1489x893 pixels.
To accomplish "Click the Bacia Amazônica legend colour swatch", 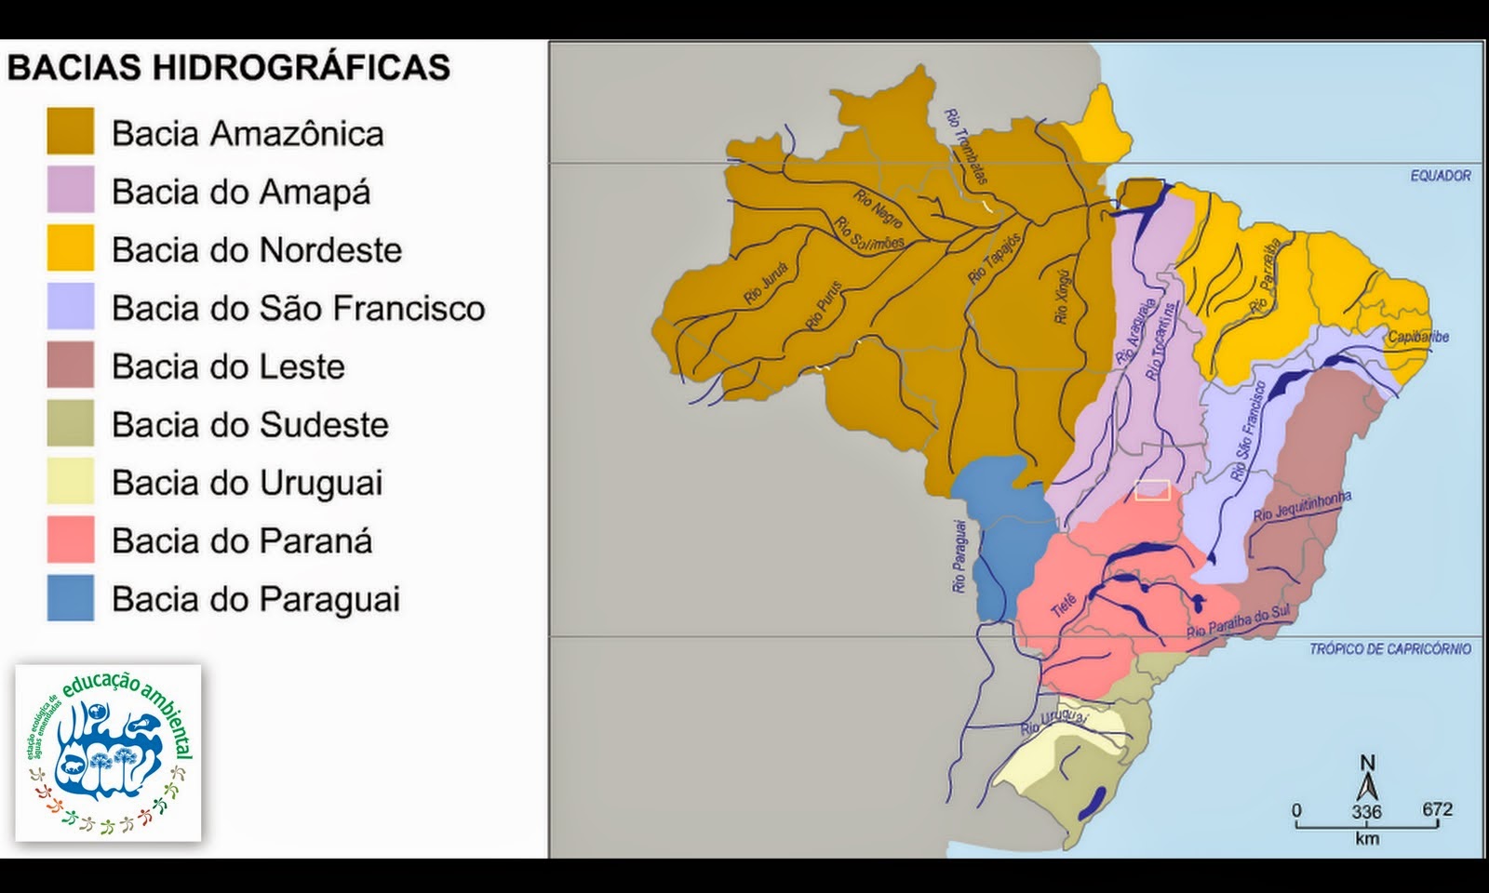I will tap(71, 131).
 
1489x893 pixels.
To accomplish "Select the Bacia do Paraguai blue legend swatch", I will tap(71, 597).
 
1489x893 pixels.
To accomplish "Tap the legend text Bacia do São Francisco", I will tap(298, 308).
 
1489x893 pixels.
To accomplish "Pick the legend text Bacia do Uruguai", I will tap(247, 483).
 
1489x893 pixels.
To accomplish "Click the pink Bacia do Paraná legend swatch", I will tap(71, 540).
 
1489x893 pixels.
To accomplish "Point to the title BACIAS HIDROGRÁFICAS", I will tap(229, 68).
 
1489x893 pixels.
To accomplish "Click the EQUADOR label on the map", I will tap(1441, 176).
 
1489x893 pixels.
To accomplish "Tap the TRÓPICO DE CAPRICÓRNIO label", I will tap(1390, 649).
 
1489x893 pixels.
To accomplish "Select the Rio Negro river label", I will tap(878, 209).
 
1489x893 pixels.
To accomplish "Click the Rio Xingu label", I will tap(1063, 296).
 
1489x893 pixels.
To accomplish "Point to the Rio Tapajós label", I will tap(994, 259).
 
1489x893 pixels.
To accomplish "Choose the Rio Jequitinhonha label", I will tap(1301, 507).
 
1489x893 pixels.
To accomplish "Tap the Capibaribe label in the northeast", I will tap(1418, 337).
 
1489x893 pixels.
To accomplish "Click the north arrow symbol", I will tap(1367, 781).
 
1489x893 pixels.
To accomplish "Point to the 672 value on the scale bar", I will tap(1437, 809).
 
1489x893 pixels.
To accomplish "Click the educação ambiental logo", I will tap(108, 753).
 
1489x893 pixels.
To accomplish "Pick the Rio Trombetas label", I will tap(965, 146).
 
